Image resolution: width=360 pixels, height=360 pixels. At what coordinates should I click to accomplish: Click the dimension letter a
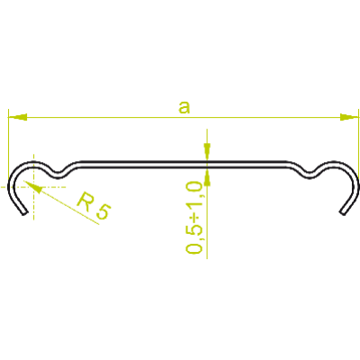(184, 108)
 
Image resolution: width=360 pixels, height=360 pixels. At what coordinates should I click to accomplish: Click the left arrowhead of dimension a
(18, 117)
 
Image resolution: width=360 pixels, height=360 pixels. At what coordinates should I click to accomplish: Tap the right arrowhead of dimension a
(349, 117)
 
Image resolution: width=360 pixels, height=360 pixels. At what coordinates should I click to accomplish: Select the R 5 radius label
(94, 206)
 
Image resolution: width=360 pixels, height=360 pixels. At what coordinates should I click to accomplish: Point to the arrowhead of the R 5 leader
(32, 186)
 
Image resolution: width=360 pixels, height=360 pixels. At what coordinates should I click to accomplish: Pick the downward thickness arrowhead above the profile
(207, 152)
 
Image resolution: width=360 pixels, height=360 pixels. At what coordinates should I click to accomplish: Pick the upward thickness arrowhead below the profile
(207, 177)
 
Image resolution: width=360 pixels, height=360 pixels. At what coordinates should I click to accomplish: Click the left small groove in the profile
(58, 175)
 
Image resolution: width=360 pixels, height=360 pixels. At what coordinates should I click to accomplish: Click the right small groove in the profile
(310, 176)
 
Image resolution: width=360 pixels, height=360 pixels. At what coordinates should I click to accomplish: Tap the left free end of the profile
(24, 213)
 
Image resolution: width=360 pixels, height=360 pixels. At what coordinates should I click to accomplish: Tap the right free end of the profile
(343, 213)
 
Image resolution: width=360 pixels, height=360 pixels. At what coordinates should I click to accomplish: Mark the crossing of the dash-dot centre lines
(33, 187)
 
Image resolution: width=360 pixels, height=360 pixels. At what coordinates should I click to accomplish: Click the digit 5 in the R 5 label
(103, 211)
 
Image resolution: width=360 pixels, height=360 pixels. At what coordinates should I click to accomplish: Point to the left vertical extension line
(8, 144)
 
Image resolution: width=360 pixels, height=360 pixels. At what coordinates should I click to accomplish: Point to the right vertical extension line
(359, 144)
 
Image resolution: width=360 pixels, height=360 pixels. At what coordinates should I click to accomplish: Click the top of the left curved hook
(31, 163)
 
